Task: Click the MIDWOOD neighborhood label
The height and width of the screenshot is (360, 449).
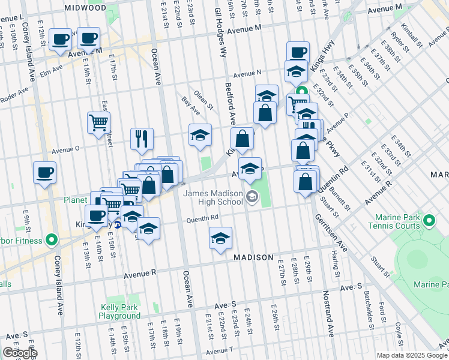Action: tap(87, 8)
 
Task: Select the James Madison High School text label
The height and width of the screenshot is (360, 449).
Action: tap(213, 198)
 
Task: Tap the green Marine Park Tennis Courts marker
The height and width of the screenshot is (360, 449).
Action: tap(429, 221)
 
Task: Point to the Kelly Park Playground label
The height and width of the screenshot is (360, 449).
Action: tap(120, 311)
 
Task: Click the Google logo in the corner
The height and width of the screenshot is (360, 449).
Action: tap(20, 353)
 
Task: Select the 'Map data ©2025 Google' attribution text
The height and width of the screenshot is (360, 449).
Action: tap(412, 355)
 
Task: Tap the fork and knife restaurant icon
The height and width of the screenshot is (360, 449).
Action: tap(142, 139)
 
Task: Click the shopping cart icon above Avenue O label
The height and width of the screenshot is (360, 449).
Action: tap(98, 122)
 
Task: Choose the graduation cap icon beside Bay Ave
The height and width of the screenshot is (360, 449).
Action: tap(200, 134)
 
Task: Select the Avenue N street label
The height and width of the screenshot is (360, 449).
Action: tap(247, 73)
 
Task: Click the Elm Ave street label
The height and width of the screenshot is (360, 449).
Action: tap(52, 70)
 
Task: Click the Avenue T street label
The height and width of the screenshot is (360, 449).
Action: tap(220, 350)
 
